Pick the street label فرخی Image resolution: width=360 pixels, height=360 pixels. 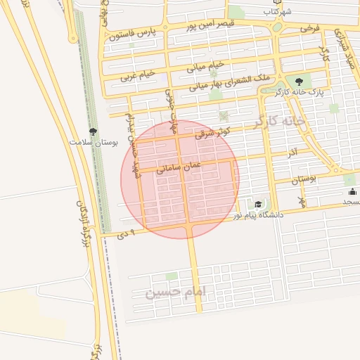tap(309, 29)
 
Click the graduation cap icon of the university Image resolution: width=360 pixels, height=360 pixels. tap(258, 204)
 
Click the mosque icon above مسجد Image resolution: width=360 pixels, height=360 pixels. tap(351, 191)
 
